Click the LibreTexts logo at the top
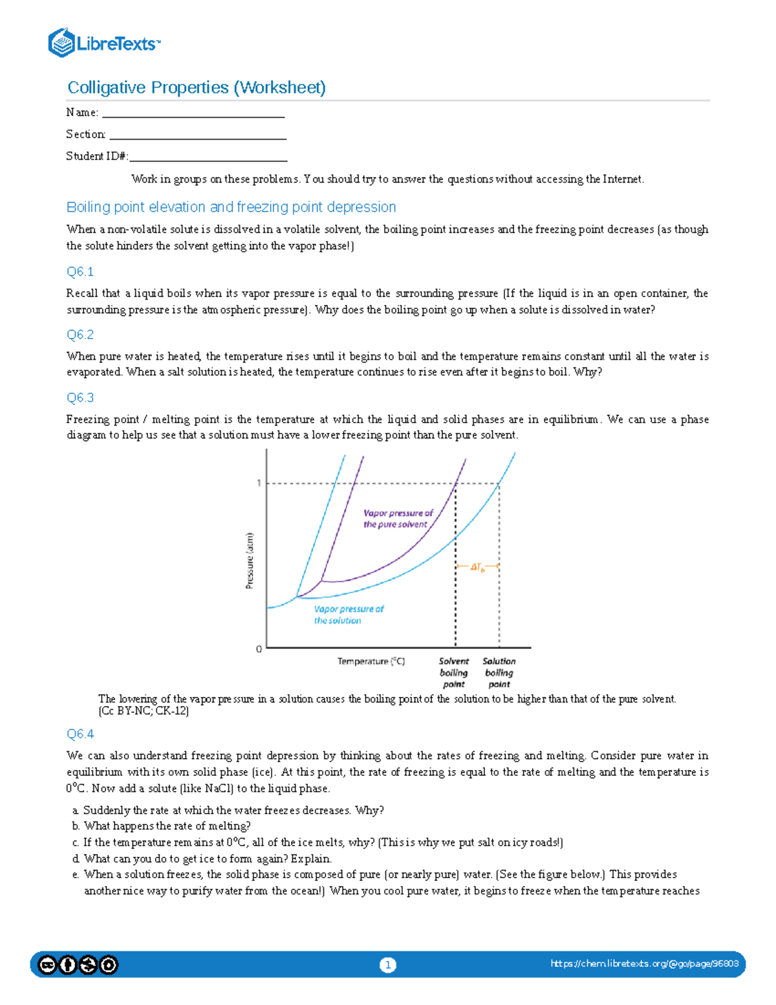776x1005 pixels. click(103, 43)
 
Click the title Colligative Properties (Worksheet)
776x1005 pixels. click(197, 87)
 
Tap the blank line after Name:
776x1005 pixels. click(193, 114)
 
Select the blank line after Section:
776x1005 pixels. click(198, 136)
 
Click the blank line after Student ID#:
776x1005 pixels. click(208, 158)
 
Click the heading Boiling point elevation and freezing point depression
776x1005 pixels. click(231, 207)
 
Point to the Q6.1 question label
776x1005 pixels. click(80, 272)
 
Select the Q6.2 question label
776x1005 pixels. click(80, 335)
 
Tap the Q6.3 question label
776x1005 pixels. click(80, 398)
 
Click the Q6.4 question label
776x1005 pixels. click(80, 734)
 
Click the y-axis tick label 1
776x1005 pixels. click(259, 483)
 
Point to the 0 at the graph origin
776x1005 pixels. click(259, 648)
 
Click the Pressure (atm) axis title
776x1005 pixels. click(249, 560)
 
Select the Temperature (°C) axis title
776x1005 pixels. click(371, 661)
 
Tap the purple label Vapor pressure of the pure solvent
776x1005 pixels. click(397, 519)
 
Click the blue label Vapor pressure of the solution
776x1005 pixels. click(348, 615)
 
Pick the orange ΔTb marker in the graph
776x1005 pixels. click(477, 568)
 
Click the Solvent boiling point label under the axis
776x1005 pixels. click(454, 672)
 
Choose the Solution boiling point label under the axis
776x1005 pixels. click(499, 672)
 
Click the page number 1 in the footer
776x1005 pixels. click(387, 965)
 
